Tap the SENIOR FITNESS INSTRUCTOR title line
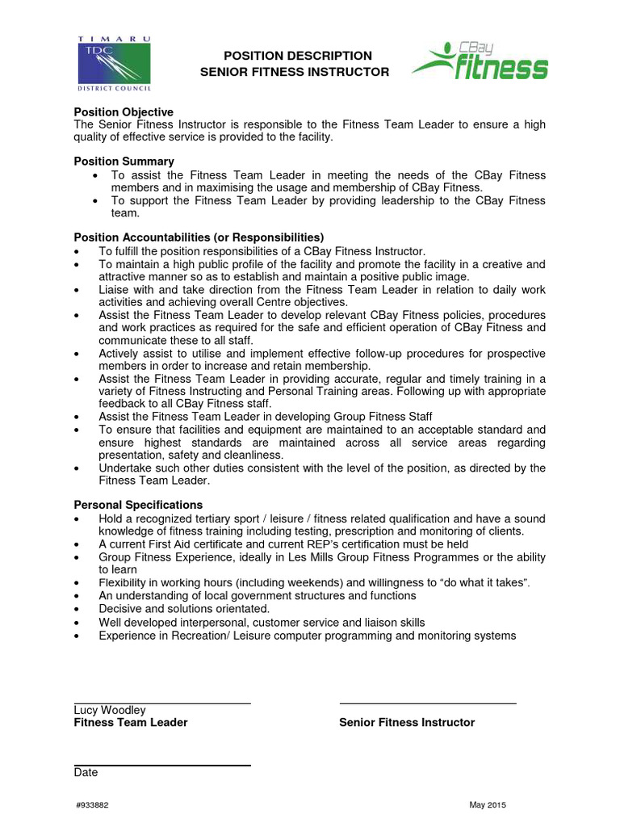[295, 72]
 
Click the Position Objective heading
[124, 111]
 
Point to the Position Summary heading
[124, 162]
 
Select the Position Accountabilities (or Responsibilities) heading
[199, 237]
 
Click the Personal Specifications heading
[138, 505]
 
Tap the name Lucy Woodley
[110, 710]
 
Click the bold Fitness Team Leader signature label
[131, 723]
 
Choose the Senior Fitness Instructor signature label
[407, 723]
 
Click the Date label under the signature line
[86, 772]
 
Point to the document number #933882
[91, 806]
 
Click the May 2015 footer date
[488, 806]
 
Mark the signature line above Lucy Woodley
[162, 703]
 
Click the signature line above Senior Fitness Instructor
[428, 703]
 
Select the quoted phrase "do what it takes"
[504, 583]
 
